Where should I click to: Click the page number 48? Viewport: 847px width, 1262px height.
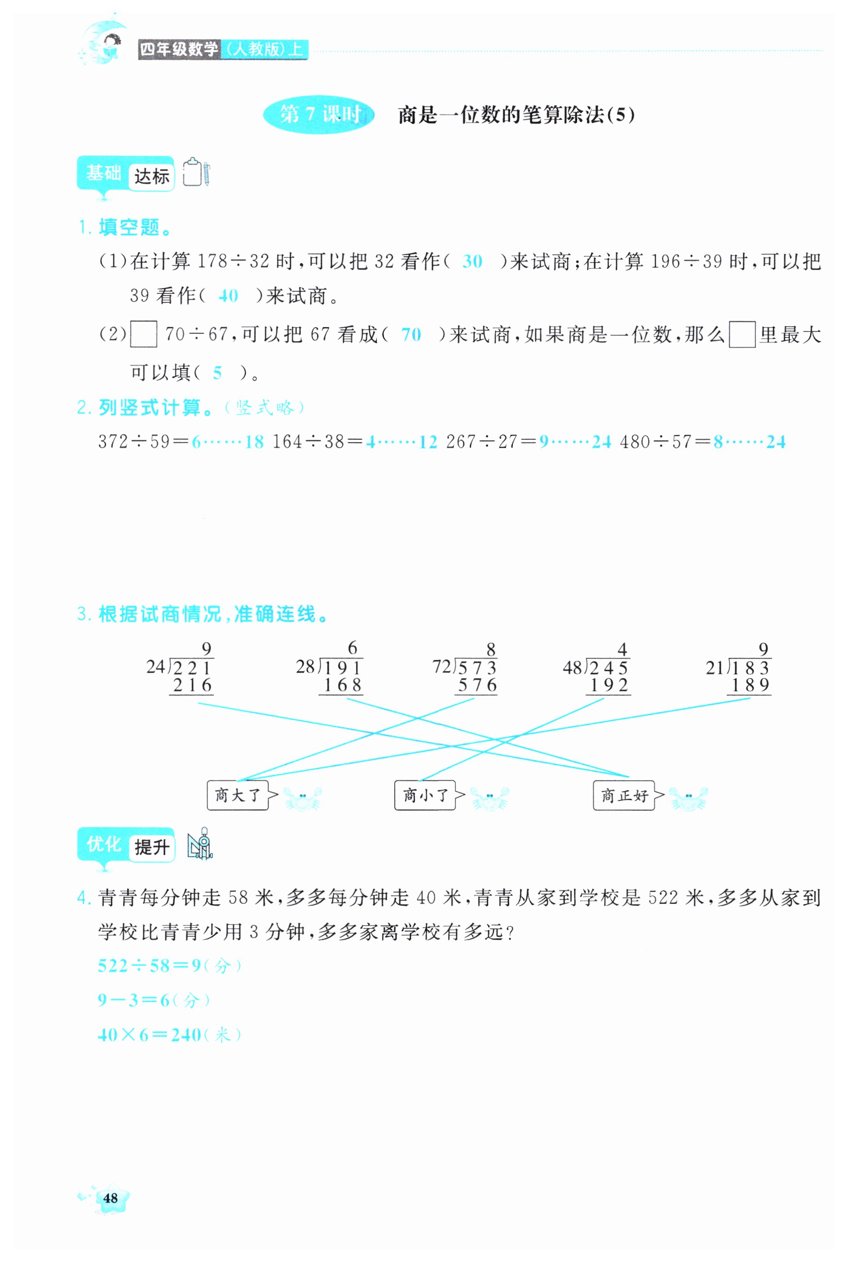(110, 1198)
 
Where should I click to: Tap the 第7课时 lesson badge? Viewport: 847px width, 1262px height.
(319, 114)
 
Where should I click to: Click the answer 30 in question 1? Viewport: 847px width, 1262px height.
(472, 262)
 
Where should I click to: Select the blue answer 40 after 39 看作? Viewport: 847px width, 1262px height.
(228, 296)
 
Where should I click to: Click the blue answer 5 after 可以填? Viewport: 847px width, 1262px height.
(217, 373)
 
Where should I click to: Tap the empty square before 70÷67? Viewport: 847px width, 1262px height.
(144, 334)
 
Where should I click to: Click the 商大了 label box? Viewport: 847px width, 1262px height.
(237, 795)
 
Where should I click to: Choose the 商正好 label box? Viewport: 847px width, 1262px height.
(623, 795)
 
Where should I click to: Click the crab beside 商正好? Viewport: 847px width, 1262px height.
(688, 798)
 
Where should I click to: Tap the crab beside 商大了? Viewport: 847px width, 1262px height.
(303, 798)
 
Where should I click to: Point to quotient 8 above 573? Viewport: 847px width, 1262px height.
(490, 649)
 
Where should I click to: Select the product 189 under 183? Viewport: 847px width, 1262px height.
(750, 686)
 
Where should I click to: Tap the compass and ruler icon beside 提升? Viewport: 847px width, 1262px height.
(200, 844)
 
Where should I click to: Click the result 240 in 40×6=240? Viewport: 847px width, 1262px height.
(186, 1035)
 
